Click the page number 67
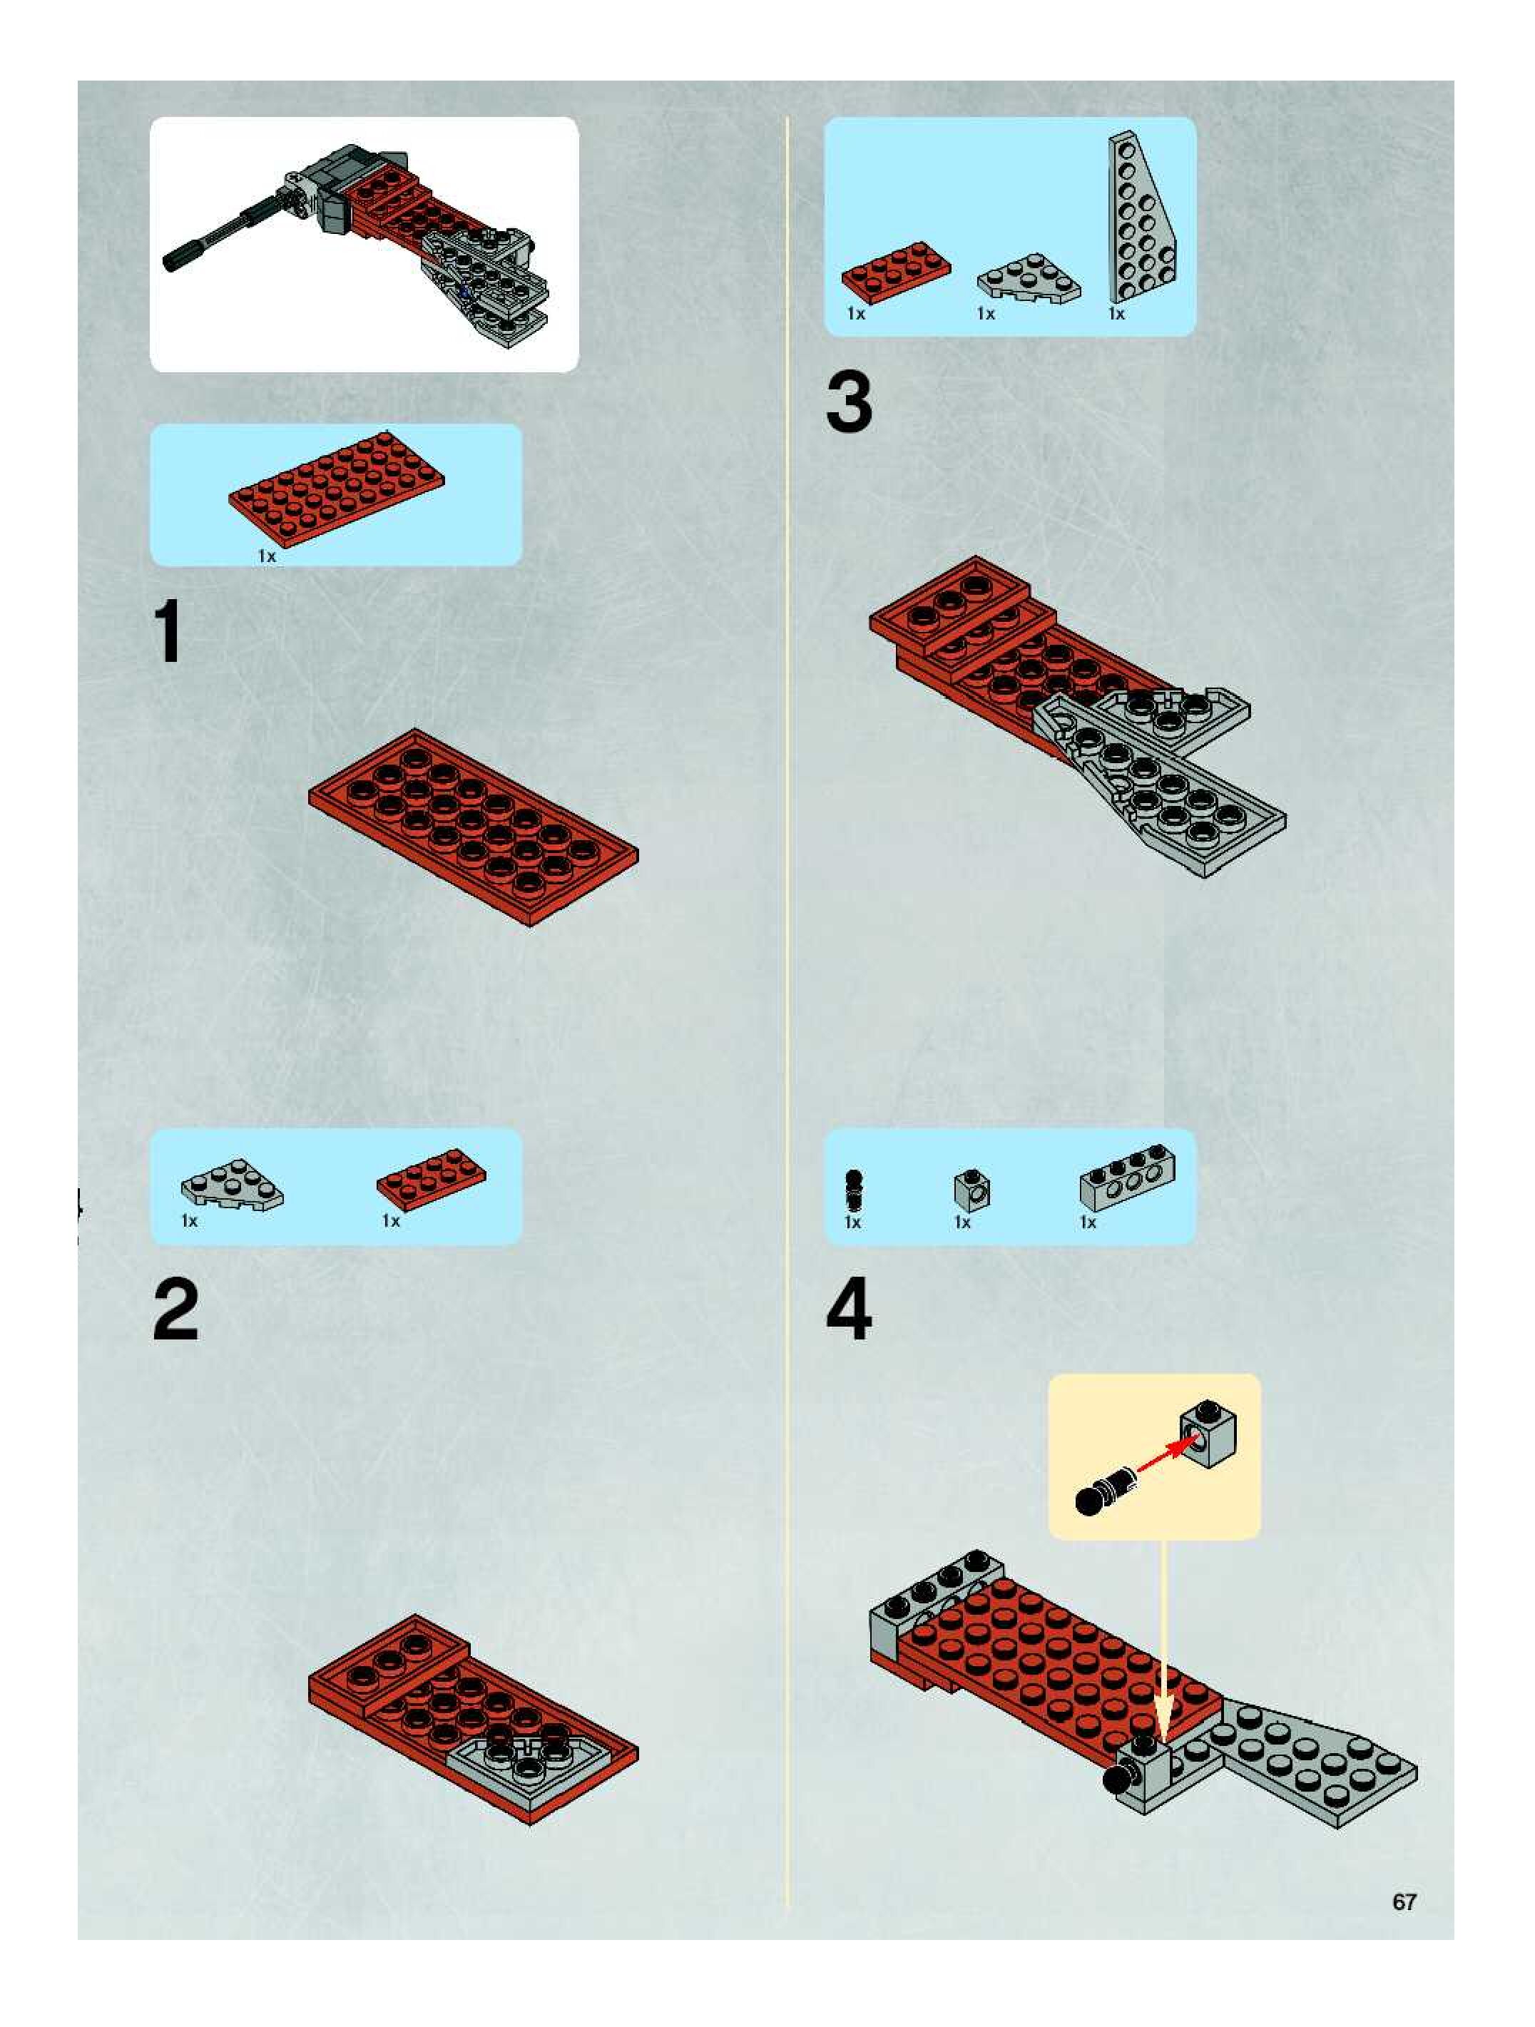(x=1404, y=1901)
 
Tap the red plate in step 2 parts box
(x=432, y=1180)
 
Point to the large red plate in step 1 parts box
(x=337, y=488)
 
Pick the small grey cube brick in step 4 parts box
(x=972, y=1190)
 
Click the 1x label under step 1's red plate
(x=267, y=556)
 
